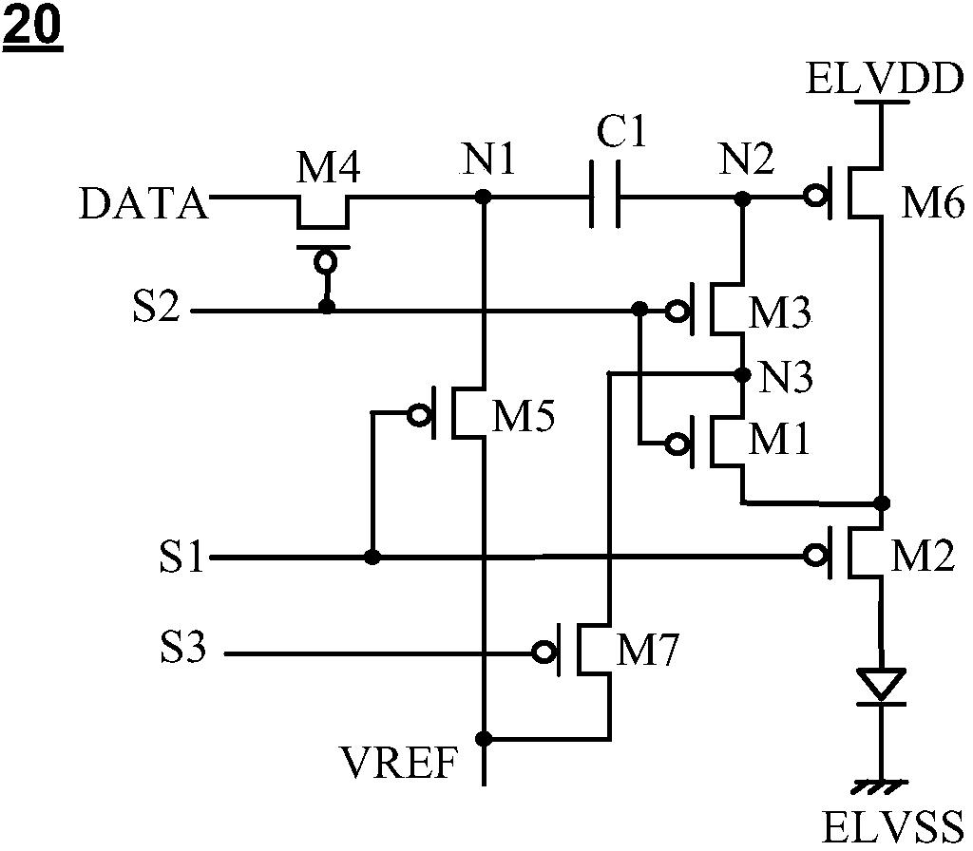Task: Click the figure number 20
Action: point(33,27)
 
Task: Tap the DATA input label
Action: point(143,204)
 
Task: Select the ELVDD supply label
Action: point(886,80)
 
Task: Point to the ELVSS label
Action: point(893,827)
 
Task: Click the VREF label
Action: point(399,763)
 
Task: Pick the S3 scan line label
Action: point(183,647)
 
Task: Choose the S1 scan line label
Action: point(181,557)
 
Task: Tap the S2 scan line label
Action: point(157,306)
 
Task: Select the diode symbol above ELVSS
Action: point(881,687)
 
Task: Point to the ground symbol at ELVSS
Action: point(881,786)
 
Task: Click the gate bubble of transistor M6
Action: point(813,198)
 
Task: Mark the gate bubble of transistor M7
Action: point(543,652)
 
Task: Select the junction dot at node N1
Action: point(483,198)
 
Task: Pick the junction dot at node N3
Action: point(741,374)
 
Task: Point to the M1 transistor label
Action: point(780,439)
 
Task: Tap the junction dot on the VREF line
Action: point(484,738)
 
